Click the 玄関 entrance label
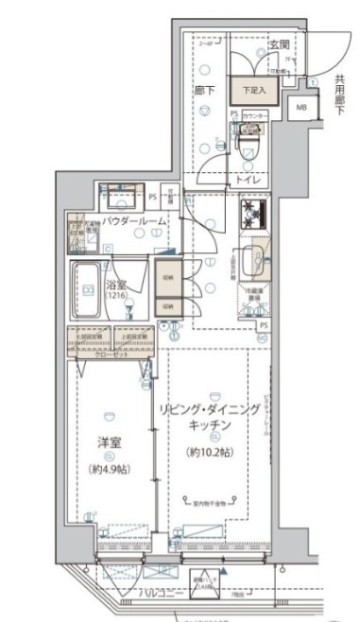[280, 45]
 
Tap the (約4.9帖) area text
[111, 470]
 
